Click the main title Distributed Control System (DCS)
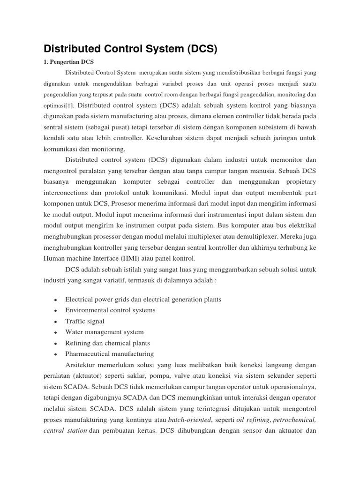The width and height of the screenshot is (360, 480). point(131,48)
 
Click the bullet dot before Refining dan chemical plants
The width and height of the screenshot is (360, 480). point(56,344)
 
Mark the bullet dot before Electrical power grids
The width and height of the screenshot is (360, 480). point(56,300)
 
